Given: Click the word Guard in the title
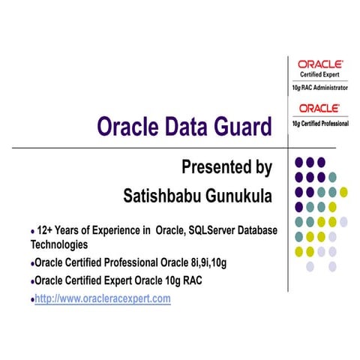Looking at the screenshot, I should coord(241,127).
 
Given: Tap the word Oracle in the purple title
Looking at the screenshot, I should coord(127,127).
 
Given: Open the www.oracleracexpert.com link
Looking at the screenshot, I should coord(103,298).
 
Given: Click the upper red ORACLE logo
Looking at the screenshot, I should coord(320,64).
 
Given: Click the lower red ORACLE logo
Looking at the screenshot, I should coord(320,108).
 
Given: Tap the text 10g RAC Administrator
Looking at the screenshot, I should coord(320,88).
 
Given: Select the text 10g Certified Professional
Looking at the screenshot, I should coord(320,121).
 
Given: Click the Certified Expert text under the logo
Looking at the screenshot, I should coord(320,75).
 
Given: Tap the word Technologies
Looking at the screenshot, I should coord(59,244).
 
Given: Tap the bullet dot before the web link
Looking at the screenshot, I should coord(32,299).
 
